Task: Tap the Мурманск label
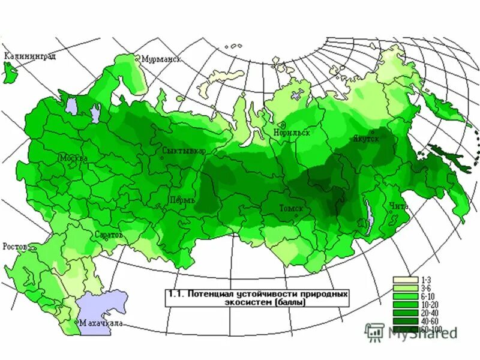tap(160, 59)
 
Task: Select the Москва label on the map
tap(73, 158)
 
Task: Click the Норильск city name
tap(292, 133)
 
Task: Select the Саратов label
tap(109, 235)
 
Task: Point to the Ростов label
tap(15, 247)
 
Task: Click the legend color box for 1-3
tap(406, 280)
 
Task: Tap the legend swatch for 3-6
tap(406, 288)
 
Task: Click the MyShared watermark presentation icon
tap(375, 331)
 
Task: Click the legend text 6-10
tap(428, 296)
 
